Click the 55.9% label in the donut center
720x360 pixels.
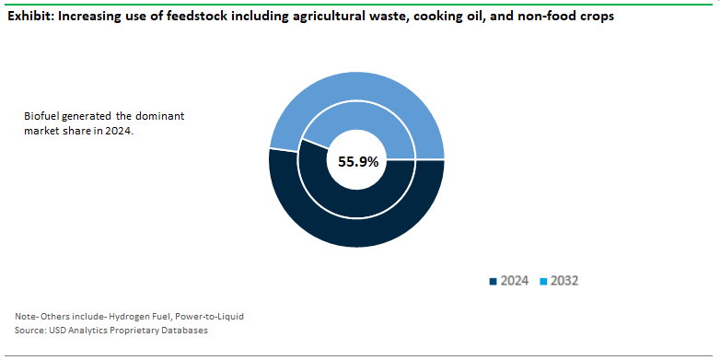357,161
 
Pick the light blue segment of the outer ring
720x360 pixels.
356,87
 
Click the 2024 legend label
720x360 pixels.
514,281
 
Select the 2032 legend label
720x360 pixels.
564,281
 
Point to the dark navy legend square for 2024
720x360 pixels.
493,281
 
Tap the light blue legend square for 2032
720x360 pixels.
543,281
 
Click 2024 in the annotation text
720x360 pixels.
121,132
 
